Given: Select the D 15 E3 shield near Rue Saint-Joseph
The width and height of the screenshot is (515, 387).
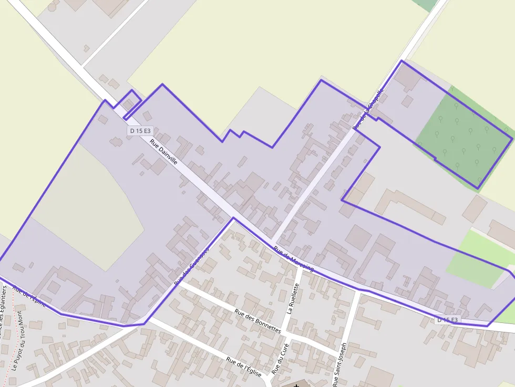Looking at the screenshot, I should point(447,319).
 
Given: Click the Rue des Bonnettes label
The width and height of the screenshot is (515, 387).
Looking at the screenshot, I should point(258,321).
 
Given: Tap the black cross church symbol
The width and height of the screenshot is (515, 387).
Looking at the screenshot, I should point(297,385).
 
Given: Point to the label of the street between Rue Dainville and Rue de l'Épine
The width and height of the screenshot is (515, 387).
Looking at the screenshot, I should point(191,265).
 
